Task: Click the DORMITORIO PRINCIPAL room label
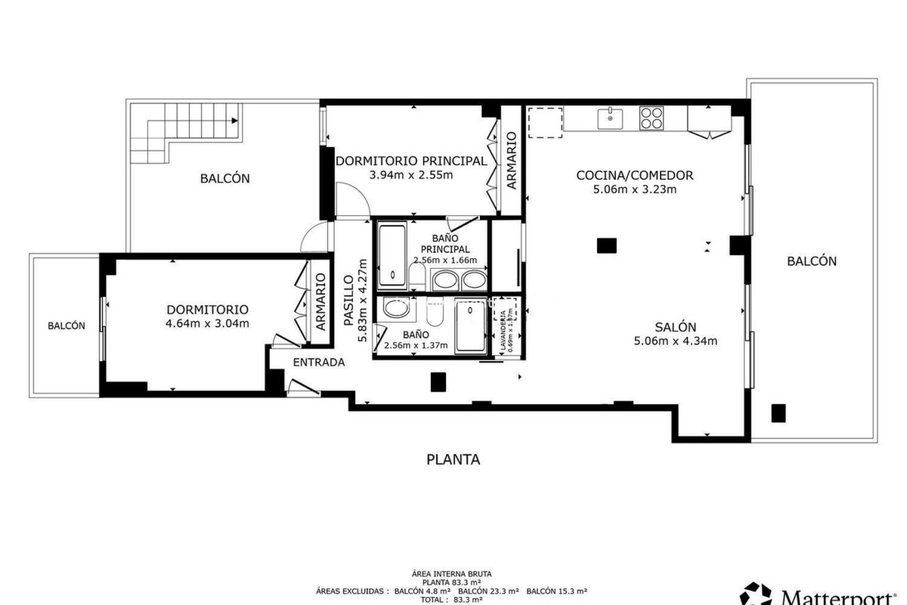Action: (411, 161)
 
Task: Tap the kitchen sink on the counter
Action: (609, 119)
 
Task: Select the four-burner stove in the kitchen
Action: (651, 118)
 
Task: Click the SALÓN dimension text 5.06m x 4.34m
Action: (676, 341)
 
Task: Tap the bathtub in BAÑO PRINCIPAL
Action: (393, 255)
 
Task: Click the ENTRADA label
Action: (319, 363)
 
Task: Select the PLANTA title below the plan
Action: (453, 459)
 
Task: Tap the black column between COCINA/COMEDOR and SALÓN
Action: (607, 246)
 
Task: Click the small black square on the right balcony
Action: (778, 413)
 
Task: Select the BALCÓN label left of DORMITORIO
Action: (67, 326)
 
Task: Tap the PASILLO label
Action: (349, 301)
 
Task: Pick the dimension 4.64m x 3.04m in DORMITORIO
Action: (207, 324)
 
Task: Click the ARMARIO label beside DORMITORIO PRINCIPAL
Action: (512, 161)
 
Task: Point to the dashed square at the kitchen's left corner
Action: (545, 123)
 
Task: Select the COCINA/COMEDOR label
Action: (634, 175)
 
